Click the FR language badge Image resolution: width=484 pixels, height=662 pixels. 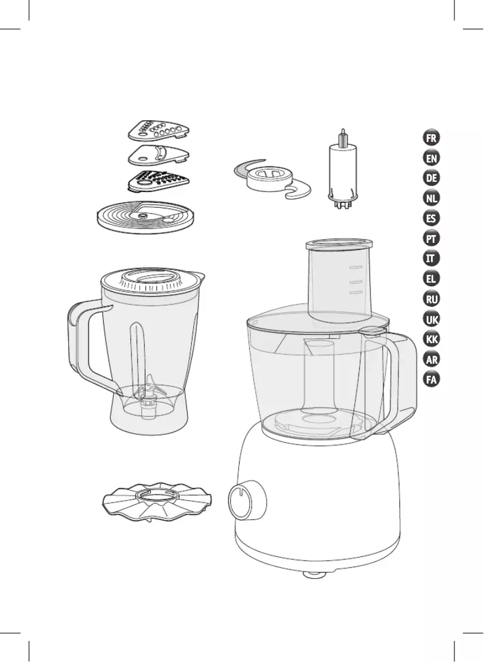431,138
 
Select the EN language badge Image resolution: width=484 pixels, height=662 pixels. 431,158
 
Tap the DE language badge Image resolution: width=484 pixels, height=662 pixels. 431,178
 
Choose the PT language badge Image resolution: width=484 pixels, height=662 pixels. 431,239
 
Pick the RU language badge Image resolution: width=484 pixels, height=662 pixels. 431,300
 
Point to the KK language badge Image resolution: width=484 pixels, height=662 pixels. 431,339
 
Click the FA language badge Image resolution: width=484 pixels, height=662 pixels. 431,379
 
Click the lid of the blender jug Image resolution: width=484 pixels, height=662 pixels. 152,280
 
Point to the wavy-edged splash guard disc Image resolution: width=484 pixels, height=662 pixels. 157,500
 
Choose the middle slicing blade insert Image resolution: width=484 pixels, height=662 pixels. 159,155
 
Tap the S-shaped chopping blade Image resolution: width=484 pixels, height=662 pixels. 272,178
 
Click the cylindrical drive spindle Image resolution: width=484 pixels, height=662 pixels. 343,171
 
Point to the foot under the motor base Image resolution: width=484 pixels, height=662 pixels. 314,574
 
